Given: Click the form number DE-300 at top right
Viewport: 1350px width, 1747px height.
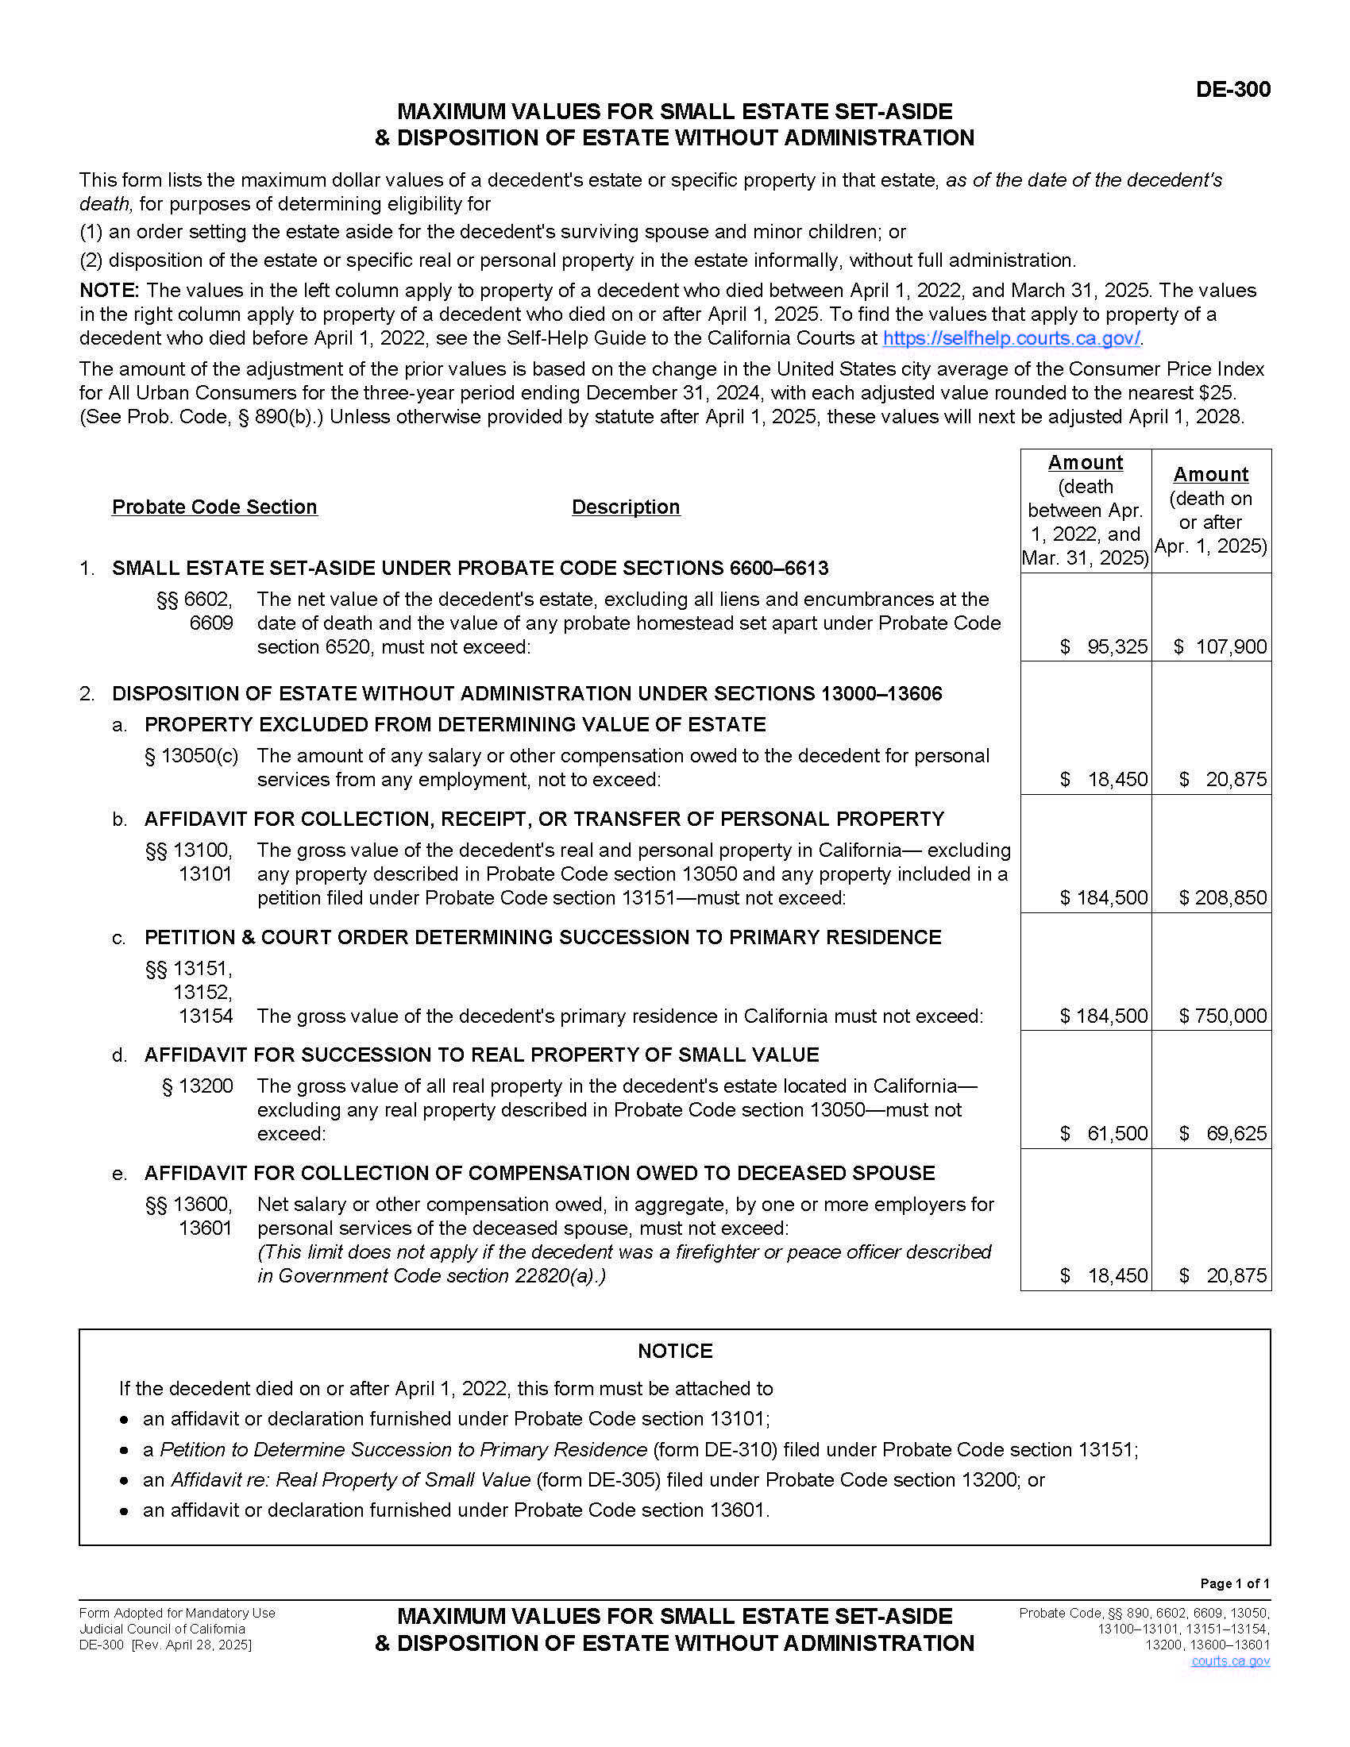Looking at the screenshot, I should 1232,89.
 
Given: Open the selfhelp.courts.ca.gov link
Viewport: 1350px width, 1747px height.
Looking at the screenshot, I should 1011,338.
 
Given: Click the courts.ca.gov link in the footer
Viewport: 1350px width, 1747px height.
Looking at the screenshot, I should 1230,1661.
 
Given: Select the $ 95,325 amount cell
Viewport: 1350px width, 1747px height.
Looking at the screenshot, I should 1105,646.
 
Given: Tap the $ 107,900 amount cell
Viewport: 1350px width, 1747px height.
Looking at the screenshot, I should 1221,646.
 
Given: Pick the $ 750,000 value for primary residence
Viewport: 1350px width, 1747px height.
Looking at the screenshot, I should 1223,1016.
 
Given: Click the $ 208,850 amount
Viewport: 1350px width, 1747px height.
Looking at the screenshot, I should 1223,897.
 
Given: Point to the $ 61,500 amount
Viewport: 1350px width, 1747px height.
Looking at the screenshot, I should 1105,1133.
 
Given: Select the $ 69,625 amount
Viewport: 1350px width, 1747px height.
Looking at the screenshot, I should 1223,1133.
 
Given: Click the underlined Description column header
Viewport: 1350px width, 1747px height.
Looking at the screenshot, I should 626,507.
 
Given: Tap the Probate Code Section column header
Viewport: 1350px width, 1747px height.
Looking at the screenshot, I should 214,507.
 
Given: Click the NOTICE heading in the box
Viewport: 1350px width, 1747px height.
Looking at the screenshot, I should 675,1351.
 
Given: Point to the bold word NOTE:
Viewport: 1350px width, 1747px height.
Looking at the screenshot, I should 110,291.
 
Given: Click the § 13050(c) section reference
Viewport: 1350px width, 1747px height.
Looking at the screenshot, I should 191,756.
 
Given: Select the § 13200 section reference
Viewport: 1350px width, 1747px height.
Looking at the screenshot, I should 198,1086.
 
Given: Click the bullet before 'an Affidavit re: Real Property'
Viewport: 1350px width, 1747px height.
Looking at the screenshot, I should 124,1481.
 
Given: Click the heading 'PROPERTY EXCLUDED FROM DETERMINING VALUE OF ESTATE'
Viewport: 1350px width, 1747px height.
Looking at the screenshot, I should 455,725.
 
